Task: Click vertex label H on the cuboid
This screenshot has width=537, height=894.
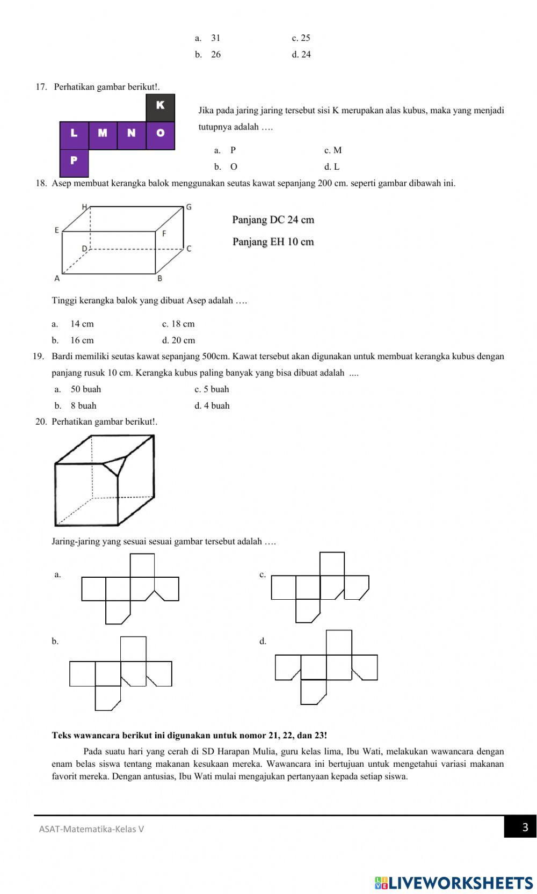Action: coord(84,207)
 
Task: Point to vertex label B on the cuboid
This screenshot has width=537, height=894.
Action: coord(159,278)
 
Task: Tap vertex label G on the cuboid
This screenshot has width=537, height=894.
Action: coord(188,207)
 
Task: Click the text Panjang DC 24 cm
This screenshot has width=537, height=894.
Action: coord(273,220)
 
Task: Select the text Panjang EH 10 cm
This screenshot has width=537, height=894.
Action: coord(273,242)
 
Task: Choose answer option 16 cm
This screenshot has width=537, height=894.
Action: coord(82,340)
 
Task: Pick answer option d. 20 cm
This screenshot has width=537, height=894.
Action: coord(178,340)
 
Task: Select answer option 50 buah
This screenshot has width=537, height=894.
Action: coord(85,389)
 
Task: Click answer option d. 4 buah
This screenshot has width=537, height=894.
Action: coord(212,406)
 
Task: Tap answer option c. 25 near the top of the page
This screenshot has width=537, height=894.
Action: coord(301,38)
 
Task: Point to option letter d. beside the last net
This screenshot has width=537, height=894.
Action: coord(263,641)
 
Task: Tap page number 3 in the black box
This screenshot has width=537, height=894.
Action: coord(525,827)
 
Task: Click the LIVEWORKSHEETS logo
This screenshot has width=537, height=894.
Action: coord(454,883)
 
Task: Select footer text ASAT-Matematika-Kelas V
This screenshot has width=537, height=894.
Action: coord(91,829)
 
